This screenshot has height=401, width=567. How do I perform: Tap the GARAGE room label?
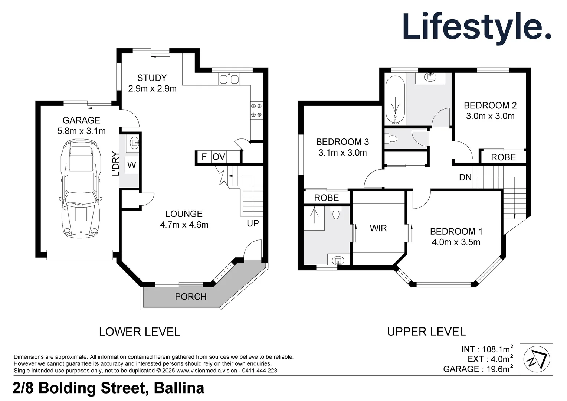(x=81, y=120)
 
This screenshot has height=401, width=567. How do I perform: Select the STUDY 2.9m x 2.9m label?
(x=152, y=83)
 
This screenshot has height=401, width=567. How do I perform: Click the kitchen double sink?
(x=229, y=79)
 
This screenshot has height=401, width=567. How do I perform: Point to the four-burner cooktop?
(x=256, y=110)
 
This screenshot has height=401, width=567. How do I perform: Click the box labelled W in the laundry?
(x=132, y=165)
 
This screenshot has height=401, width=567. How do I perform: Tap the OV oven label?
(x=219, y=157)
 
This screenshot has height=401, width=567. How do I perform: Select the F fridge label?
(x=204, y=157)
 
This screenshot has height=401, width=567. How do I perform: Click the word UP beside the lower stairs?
(x=253, y=224)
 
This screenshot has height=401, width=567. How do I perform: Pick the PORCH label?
(x=191, y=297)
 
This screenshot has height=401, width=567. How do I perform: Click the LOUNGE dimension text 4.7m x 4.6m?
(x=184, y=225)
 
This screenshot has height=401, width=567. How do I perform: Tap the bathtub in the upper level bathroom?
(x=396, y=100)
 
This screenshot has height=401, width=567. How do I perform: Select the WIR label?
(x=378, y=228)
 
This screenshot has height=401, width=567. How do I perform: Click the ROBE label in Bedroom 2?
(x=503, y=157)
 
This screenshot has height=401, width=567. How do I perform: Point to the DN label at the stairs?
(x=465, y=177)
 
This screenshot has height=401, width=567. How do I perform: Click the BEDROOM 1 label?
(x=456, y=232)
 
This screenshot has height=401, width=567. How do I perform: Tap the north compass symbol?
(x=536, y=359)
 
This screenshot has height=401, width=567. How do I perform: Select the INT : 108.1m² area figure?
(x=487, y=349)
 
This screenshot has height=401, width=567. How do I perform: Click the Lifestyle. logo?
(x=476, y=27)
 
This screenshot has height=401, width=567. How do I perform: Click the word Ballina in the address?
(x=179, y=388)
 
